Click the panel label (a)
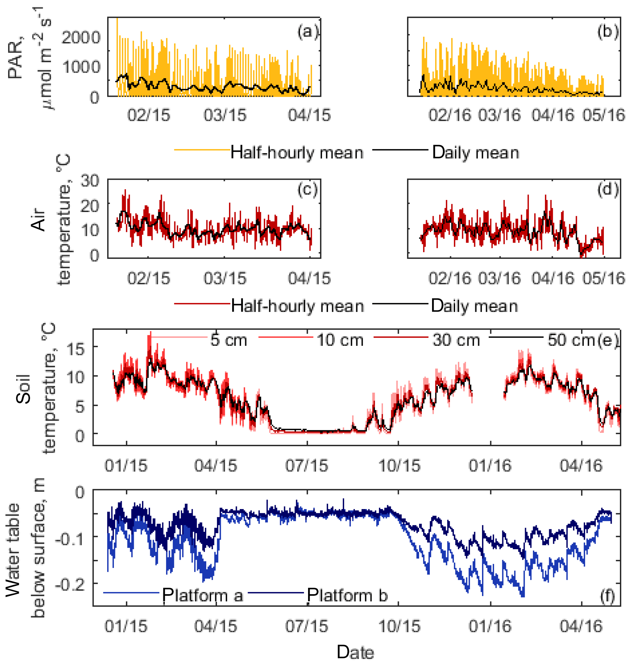[x=307, y=32]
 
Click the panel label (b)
[x=608, y=32]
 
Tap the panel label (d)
[x=608, y=190]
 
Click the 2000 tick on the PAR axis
[x=81, y=37]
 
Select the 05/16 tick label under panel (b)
[x=604, y=115]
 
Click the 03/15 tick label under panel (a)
[x=225, y=115]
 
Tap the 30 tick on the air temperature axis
[x=90, y=181]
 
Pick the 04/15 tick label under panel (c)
[x=309, y=278]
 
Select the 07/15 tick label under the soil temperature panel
[x=306, y=466]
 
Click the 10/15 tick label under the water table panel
[x=399, y=626]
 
